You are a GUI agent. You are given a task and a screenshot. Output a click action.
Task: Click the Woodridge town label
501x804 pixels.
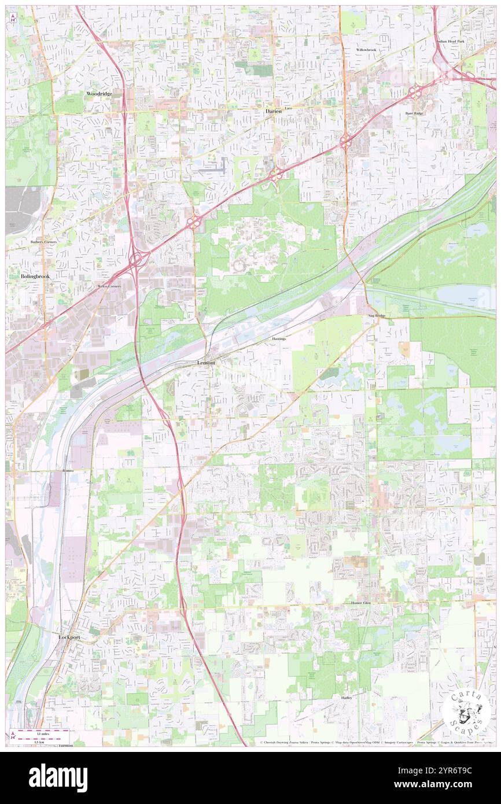(x=99, y=93)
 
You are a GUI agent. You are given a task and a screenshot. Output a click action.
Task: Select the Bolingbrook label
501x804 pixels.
(x=35, y=276)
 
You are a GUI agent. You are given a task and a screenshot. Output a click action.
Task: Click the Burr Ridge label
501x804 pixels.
(x=414, y=113)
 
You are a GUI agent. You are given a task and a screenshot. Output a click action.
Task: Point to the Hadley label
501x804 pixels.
(x=347, y=698)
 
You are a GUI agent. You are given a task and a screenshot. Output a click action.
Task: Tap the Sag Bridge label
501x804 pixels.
(x=377, y=316)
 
